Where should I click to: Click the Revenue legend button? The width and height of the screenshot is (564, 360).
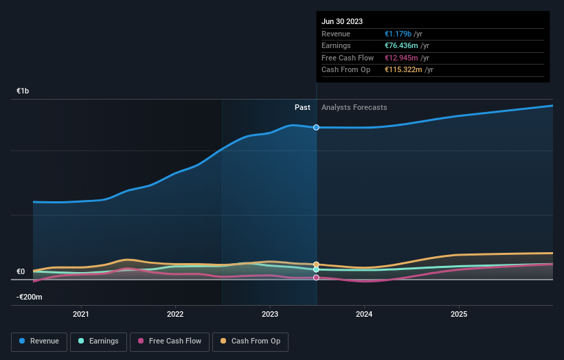click(39, 341)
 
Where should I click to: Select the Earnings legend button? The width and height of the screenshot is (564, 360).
click(98, 341)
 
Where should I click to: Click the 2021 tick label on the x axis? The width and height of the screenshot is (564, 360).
click(81, 314)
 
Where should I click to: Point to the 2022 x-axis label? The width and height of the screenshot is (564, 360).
click(175, 314)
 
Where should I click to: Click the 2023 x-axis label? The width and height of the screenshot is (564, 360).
click(270, 314)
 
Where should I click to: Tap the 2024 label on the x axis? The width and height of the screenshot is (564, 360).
click(364, 314)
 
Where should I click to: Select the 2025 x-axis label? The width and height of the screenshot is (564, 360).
click(459, 314)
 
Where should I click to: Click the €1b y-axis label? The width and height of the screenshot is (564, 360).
click(23, 91)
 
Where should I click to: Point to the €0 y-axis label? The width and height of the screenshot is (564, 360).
click(21, 271)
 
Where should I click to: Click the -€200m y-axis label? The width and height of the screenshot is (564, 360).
click(30, 297)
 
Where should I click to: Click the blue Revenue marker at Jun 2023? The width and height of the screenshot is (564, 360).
click(316, 127)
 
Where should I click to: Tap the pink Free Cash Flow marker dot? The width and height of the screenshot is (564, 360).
click(316, 278)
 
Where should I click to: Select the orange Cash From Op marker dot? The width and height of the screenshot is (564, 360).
click(316, 265)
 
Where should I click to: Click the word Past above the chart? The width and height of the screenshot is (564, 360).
click(302, 107)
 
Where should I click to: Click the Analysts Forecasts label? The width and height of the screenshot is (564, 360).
click(354, 107)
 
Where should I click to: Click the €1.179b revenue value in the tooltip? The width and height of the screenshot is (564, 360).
click(399, 34)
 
